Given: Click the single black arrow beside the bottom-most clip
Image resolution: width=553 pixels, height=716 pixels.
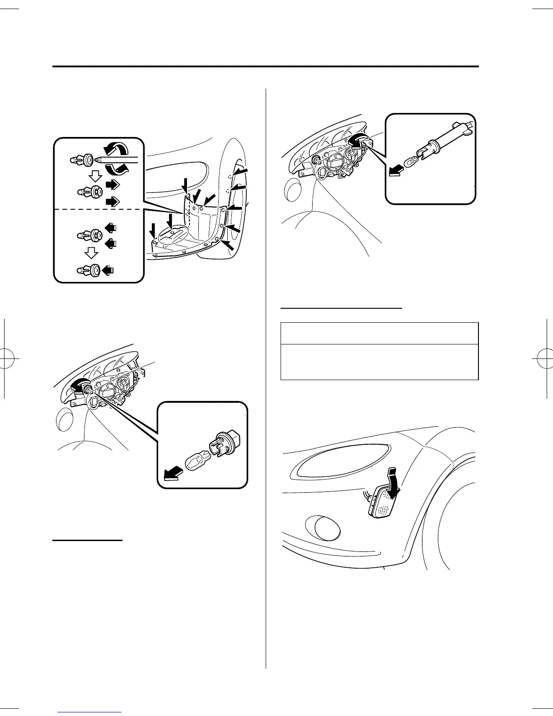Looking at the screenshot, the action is [x=108, y=270].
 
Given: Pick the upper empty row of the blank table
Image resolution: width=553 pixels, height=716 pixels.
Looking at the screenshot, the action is [x=379, y=333].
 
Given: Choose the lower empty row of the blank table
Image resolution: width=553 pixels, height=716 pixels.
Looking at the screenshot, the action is [x=379, y=362].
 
